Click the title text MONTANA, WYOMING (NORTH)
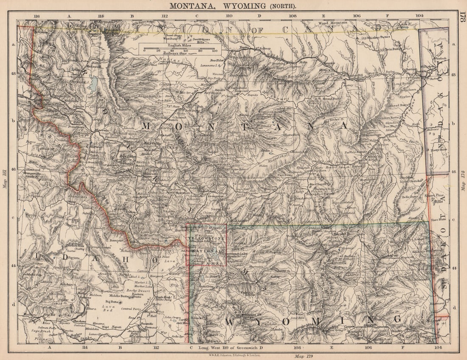click(x=233, y=6)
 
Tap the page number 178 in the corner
click(x=462, y=19)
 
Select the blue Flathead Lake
click(x=93, y=85)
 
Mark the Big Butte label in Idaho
click(x=111, y=301)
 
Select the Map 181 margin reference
click(x=4, y=178)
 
